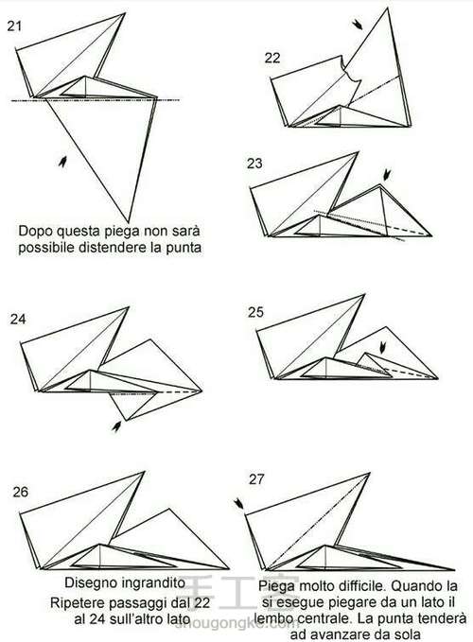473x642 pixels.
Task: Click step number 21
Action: click(14, 26)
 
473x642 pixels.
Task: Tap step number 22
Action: click(272, 58)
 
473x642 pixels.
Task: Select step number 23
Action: click(254, 164)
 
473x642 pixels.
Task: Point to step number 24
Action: click(18, 319)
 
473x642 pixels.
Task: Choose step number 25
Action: click(255, 312)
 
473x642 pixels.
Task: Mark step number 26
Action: click(21, 492)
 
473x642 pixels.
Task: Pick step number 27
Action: click(256, 479)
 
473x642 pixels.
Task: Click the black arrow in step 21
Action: click(62, 162)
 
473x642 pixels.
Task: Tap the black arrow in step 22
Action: click(357, 25)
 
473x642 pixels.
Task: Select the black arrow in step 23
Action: click(386, 175)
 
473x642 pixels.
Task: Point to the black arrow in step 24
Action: click(116, 426)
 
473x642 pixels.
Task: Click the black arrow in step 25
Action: click(382, 349)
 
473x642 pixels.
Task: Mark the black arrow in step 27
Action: click(238, 504)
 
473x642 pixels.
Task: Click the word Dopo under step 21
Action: click(36, 232)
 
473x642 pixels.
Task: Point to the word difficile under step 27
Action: click(362, 586)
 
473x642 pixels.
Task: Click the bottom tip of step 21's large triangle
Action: click(129, 222)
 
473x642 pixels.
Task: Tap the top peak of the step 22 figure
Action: click(388, 8)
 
